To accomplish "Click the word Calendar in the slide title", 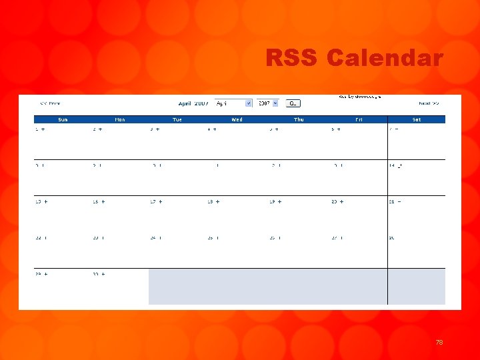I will (x=385, y=59).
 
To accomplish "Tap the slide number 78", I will (x=439, y=342).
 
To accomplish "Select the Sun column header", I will (x=63, y=120).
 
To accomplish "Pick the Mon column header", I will (x=120, y=120).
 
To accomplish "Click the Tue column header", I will (x=177, y=120).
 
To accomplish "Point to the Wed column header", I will (x=237, y=120).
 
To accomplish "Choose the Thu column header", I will (x=299, y=120).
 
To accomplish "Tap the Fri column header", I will (x=359, y=120).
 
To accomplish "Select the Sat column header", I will (x=417, y=120).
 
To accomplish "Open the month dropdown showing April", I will (x=233, y=103).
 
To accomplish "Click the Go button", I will (x=293, y=103).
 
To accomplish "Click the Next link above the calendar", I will (x=429, y=103).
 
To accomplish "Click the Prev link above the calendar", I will (x=50, y=103).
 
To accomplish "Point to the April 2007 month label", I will (x=193, y=103).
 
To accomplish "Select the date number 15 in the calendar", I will (x=38, y=201).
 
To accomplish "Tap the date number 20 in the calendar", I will (x=334, y=201).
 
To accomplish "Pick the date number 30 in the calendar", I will (x=95, y=274).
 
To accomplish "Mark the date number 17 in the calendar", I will (x=153, y=201).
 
